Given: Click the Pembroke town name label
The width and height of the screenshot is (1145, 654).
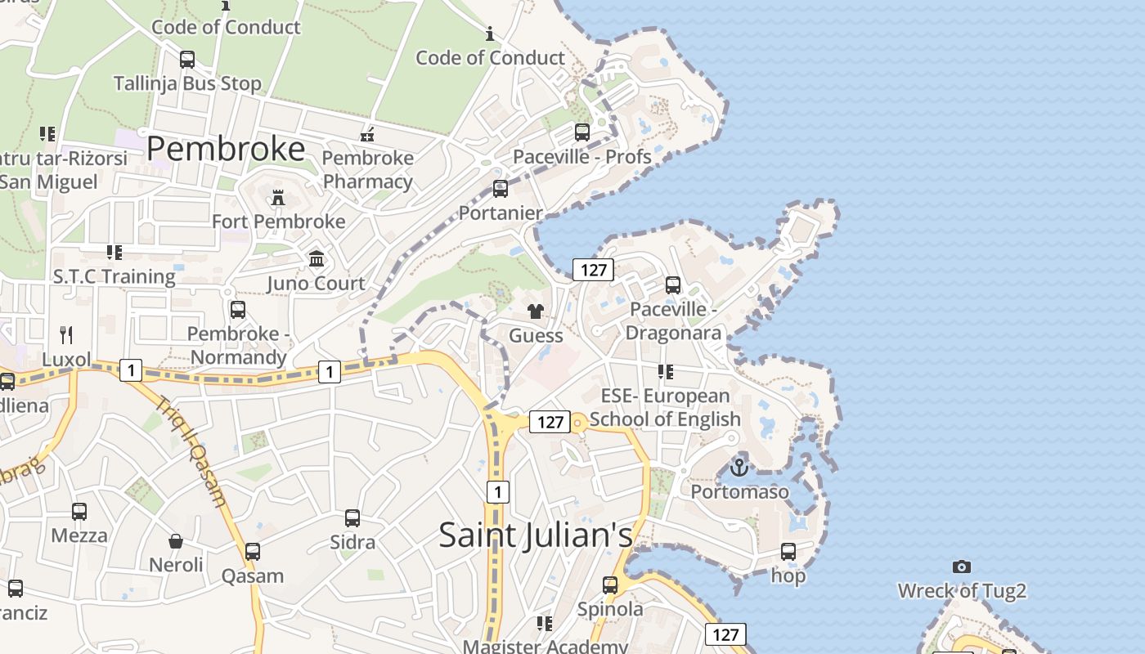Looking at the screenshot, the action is pos(226,149).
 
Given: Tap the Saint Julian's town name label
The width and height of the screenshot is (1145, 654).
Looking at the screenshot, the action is pos(536,535).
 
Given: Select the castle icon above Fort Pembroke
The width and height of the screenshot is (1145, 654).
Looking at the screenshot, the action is pos(278,197).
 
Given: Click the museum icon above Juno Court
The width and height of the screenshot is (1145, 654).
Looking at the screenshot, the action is pos(317,259).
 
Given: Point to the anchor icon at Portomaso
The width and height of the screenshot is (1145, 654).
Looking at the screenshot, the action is pos(739,468).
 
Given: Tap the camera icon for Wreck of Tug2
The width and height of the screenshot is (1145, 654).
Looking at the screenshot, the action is pos(962,567).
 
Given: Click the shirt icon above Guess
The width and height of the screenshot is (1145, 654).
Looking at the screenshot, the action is pos(536,311).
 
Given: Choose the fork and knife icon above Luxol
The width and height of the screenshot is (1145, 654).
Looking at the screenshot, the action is pos(66,334).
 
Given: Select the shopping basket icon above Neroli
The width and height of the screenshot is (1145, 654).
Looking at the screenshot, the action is pos(176,540).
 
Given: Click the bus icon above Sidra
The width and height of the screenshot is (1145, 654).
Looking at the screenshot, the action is pos(352,517).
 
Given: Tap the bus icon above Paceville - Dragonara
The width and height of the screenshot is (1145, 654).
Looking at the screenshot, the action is pos(673,284).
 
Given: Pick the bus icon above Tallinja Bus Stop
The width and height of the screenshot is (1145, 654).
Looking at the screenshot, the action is pos(187,59).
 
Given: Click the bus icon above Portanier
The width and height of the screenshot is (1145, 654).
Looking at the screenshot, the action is pos(501,189).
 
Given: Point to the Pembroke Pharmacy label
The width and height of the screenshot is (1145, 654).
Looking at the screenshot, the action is pos(368,169).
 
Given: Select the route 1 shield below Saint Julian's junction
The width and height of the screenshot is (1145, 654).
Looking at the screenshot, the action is pos(497,491).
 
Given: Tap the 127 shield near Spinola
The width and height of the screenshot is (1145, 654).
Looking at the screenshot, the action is pos(725,634).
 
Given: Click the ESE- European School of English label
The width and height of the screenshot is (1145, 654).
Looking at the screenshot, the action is pos(665,407).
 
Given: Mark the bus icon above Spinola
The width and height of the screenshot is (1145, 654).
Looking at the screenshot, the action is pos(610,585).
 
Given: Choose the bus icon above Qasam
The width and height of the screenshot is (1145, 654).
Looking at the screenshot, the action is pos(253,551).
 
